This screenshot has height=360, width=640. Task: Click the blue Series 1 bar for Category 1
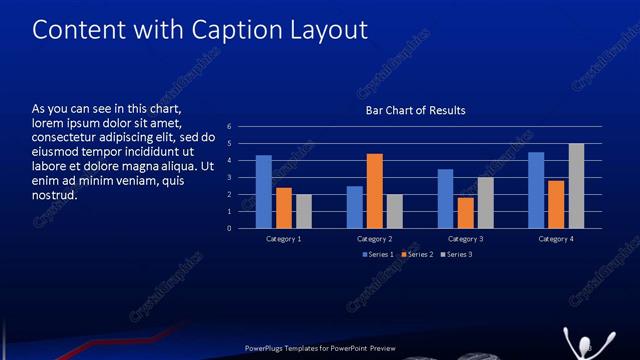click(263, 192)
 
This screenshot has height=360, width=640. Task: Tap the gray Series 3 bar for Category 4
click(576, 186)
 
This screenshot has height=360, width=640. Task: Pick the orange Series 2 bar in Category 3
click(465, 213)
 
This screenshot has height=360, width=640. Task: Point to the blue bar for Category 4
click(536, 190)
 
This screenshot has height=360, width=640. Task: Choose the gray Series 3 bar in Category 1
click(304, 211)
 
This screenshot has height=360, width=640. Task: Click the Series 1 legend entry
click(377, 255)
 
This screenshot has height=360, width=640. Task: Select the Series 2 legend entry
click(415, 255)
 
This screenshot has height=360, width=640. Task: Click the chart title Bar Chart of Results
click(415, 110)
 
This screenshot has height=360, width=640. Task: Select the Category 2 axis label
click(375, 240)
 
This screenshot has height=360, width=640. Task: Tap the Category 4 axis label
click(556, 240)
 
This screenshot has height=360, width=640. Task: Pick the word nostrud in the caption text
click(55, 194)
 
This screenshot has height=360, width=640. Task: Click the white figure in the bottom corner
click(577, 341)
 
